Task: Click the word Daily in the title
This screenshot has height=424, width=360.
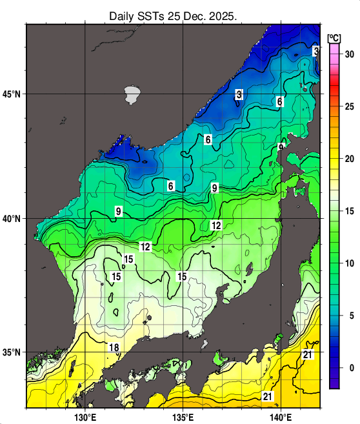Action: (x=123, y=15)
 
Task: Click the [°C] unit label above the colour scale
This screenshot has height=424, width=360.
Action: (x=334, y=37)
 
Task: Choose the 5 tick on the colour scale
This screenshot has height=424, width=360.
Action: (x=348, y=316)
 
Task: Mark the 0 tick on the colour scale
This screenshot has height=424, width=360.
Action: (x=348, y=368)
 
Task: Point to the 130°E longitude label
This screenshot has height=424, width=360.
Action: (x=85, y=416)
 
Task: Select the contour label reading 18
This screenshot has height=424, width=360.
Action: (x=114, y=348)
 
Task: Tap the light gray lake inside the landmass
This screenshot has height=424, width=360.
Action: (x=132, y=95)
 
